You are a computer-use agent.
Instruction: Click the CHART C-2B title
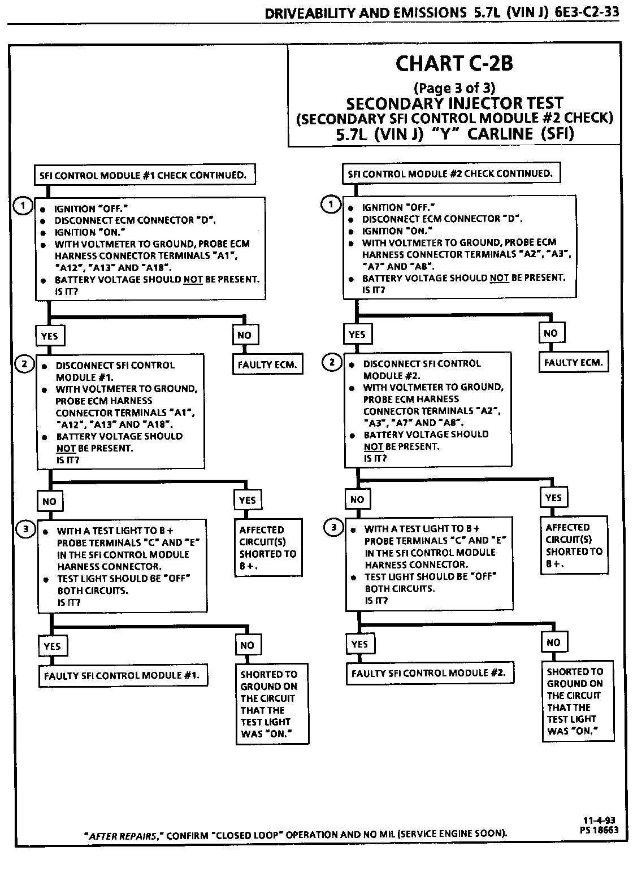[x=454, y=63]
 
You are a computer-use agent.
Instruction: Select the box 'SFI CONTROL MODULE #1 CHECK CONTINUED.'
[x=143, y=175]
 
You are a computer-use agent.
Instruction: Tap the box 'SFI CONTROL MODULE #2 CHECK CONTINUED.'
[x=450, y=173]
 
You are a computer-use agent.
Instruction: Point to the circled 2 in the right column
[x=332, y=362]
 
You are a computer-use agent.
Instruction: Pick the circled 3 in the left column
[x=25, y=529]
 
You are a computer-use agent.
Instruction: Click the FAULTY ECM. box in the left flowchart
[x=267, y=365]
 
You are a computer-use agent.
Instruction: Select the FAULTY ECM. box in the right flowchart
[x=573, y=363]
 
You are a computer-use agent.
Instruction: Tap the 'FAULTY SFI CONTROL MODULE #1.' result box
[x=122, y=676]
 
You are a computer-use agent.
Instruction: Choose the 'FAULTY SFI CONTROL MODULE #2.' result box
[x=429, y=674]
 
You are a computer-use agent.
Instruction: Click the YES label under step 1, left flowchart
[x=50, y=336]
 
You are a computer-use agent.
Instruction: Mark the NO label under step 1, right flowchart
[x=550, y=333]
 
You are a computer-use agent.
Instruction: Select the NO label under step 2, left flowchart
[x=50, y=501]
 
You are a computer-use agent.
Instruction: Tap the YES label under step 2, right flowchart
[x=553, y=498]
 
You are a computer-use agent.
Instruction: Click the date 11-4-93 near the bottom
[x=599, y=821]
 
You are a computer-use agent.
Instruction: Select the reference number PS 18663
[x=599, y=830]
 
